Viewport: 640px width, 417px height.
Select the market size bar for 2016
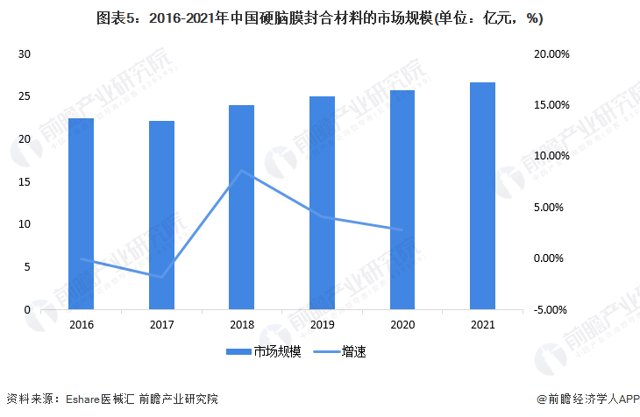pos(81,214)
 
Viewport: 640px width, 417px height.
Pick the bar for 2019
pos(322,202)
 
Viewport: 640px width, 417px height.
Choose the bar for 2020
pos(402,200)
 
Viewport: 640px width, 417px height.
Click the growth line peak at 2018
pos(241,171)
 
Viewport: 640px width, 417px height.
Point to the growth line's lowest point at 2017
pos(161,277)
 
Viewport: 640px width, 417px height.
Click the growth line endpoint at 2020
pos(402,230)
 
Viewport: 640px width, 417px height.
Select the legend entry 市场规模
pos(253,351)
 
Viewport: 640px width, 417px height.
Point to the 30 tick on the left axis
pos(25,54)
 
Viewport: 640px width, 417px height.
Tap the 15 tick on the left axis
pos(25,182)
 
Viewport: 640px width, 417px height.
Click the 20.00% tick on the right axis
pos(551,54)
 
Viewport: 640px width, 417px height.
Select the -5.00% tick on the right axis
pos(551,310)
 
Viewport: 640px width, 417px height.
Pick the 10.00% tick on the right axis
pos(551,157)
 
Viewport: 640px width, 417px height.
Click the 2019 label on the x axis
pos(322,324)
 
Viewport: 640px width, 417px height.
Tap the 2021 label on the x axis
pos(482,324)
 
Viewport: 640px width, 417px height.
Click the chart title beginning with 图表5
pos(319,18)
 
